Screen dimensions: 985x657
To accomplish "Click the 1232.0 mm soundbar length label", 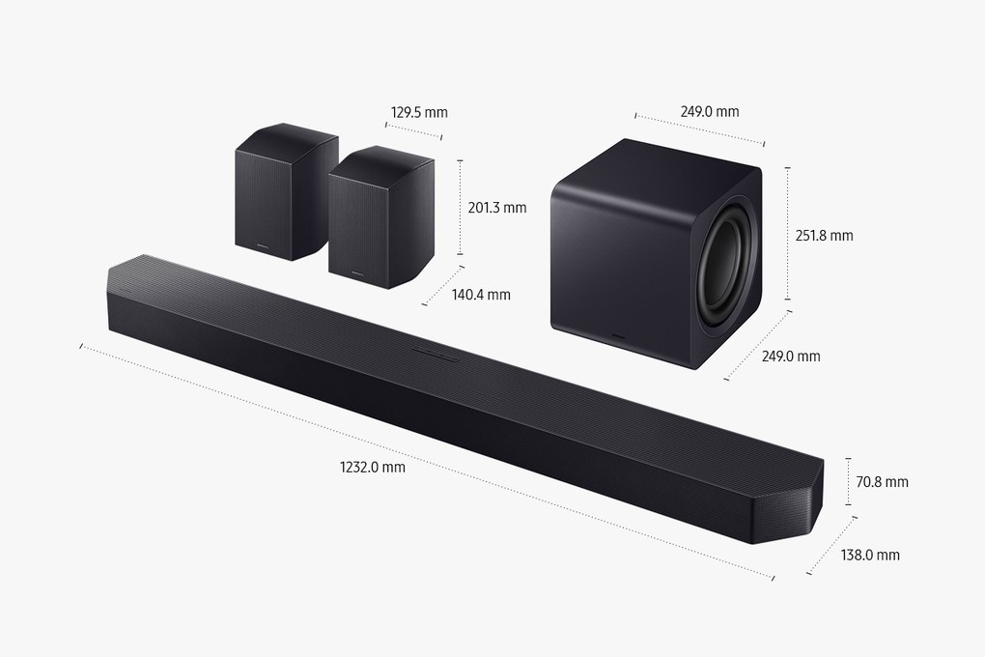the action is coord(373,467).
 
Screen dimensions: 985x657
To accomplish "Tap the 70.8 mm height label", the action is coord(882,481).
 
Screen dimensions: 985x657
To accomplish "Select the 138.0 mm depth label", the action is coord(870,555).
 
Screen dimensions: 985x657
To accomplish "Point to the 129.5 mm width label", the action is coord(419,112).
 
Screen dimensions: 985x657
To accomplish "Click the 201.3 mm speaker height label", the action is coord(497,208).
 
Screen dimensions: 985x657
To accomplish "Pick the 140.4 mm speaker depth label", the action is coord(481,295).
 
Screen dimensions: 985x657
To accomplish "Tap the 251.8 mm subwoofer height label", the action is coord(824,236).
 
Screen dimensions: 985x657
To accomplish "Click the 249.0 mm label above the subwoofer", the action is coord(709,112).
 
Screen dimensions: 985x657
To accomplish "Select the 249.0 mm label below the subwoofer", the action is coord(791,357).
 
